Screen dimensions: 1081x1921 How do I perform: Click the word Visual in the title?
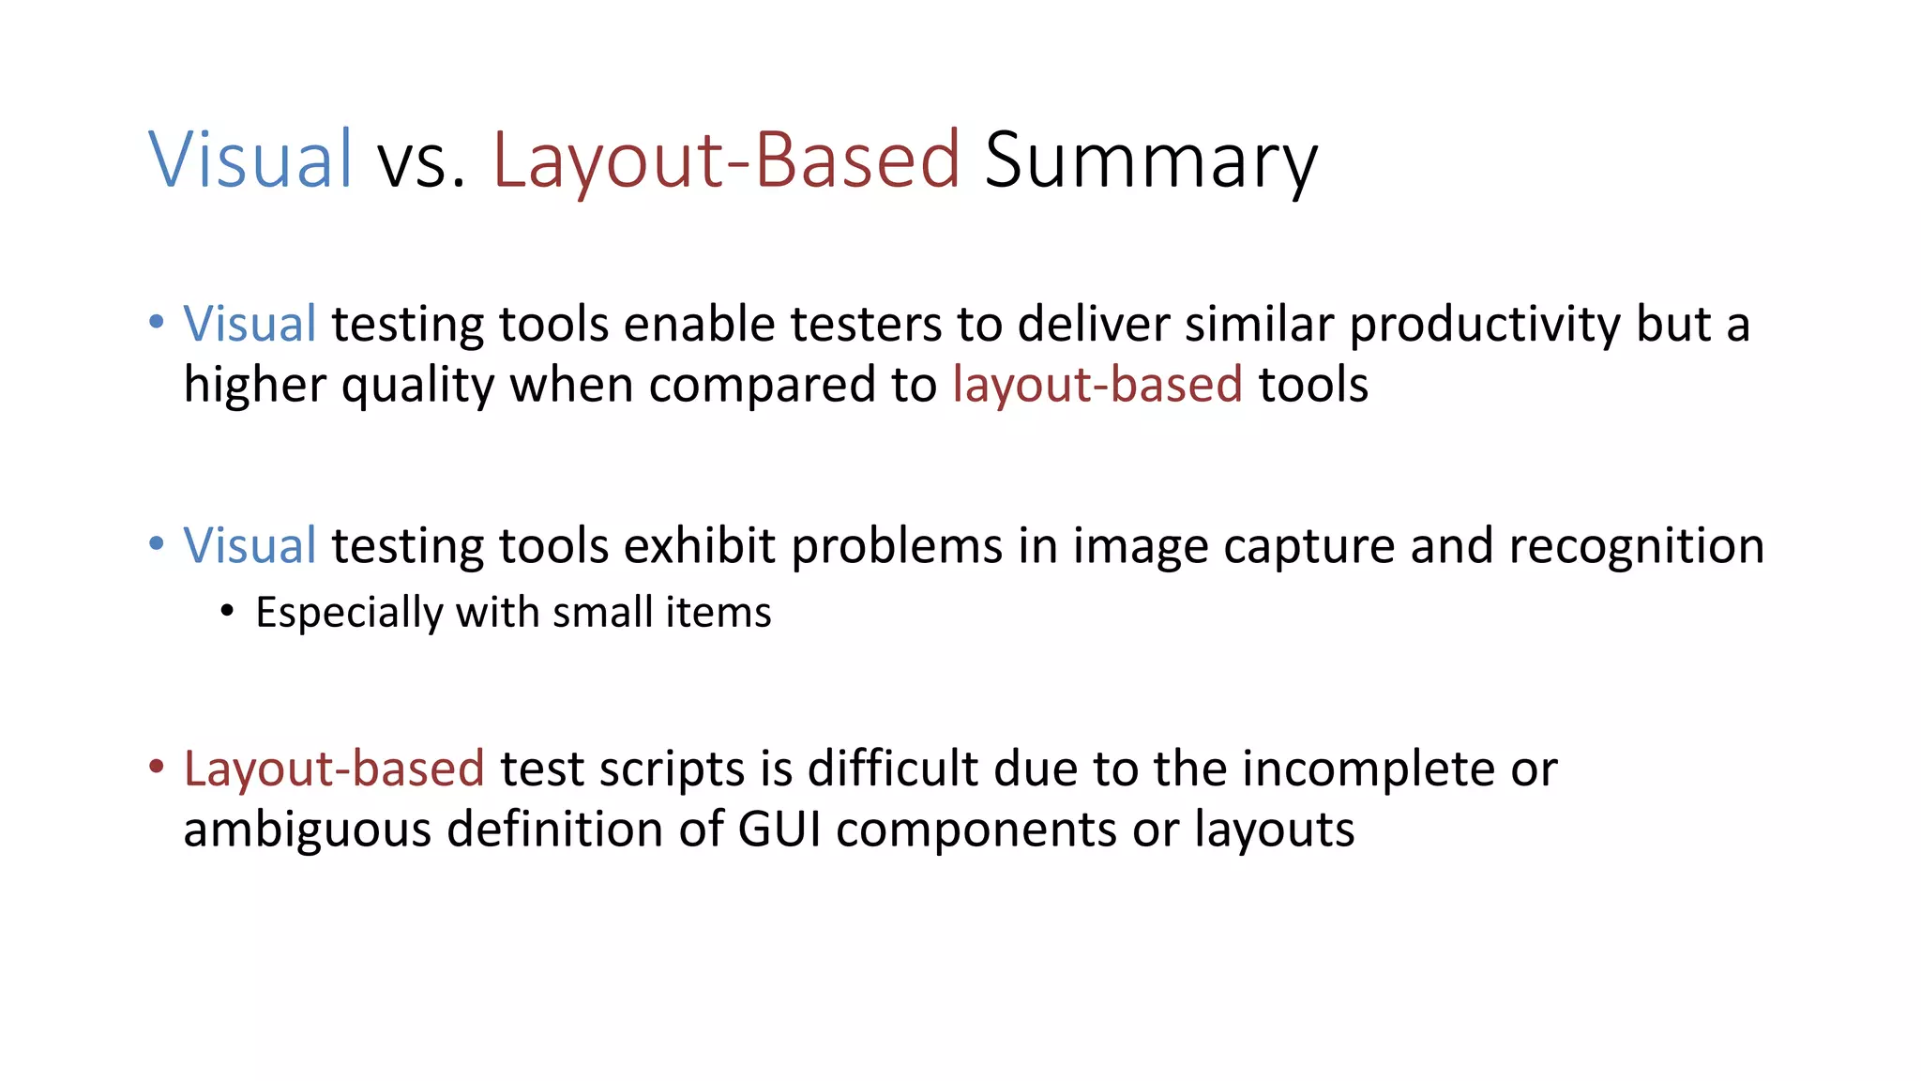[250, 160]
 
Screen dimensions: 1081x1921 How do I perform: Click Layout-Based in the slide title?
[726, 160]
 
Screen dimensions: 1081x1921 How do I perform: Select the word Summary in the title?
[1151, 161]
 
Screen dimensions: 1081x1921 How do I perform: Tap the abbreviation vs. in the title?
[421, 161]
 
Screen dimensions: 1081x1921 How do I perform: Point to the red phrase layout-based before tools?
[1097, 385]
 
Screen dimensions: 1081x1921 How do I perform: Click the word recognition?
[1636, 546]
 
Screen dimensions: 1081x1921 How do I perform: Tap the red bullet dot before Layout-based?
[157, 767]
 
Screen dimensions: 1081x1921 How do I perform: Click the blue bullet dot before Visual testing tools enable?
[157, 322]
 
